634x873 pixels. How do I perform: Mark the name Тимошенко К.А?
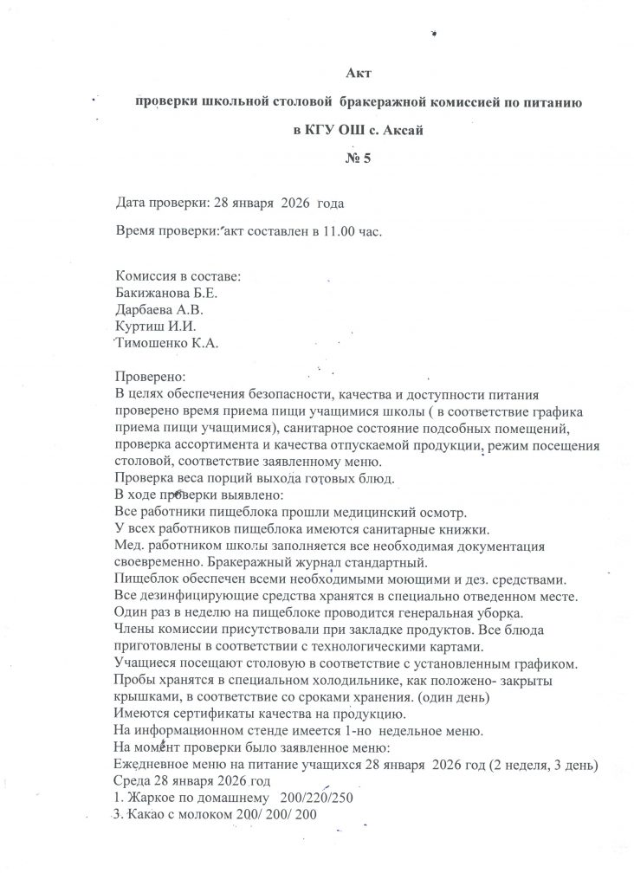[x=166, y=344]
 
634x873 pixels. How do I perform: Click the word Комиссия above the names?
[x=147, y=276]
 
